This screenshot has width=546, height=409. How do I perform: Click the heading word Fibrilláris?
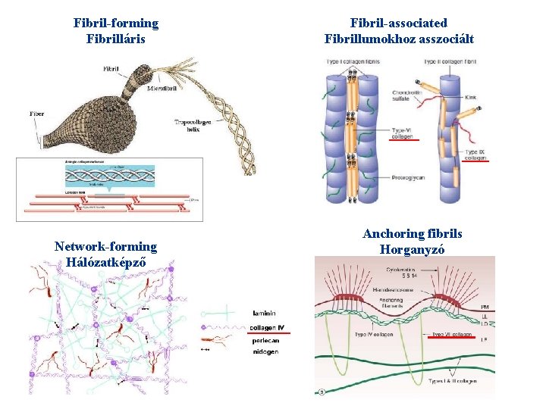click(116, 38)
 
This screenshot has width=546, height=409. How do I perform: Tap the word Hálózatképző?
click(105, 261)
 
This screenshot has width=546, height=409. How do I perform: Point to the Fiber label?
click(36, 114)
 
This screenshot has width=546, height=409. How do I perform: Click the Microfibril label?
click(163, 89)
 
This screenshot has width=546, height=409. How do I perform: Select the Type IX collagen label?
click(475, 154)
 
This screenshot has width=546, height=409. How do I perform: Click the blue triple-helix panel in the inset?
click(109, 176)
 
